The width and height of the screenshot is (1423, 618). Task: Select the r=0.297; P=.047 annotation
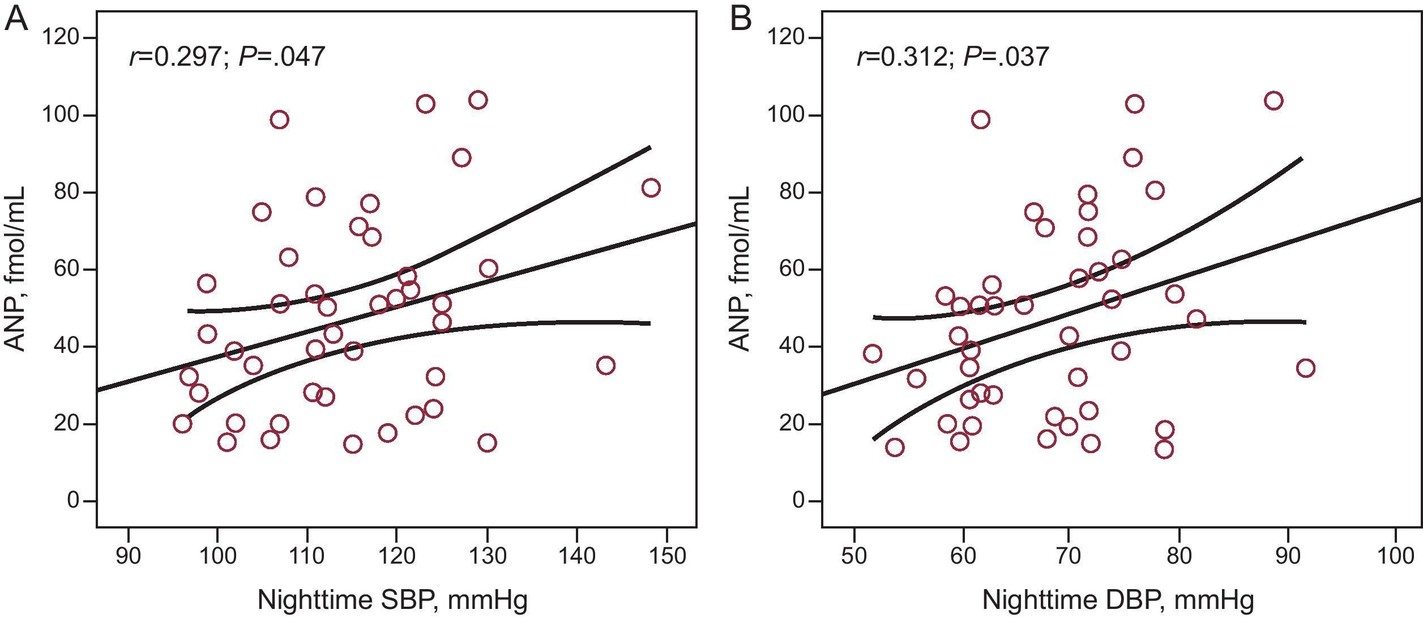227,57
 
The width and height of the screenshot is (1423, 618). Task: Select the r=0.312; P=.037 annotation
952,57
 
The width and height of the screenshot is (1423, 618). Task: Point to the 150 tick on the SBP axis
666,556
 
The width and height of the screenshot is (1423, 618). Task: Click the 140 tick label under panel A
577,556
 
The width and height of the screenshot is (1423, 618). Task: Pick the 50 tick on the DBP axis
854,556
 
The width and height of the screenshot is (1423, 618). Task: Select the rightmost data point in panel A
651,187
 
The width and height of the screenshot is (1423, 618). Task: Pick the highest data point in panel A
478,100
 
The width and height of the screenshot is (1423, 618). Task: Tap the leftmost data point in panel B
873,353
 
